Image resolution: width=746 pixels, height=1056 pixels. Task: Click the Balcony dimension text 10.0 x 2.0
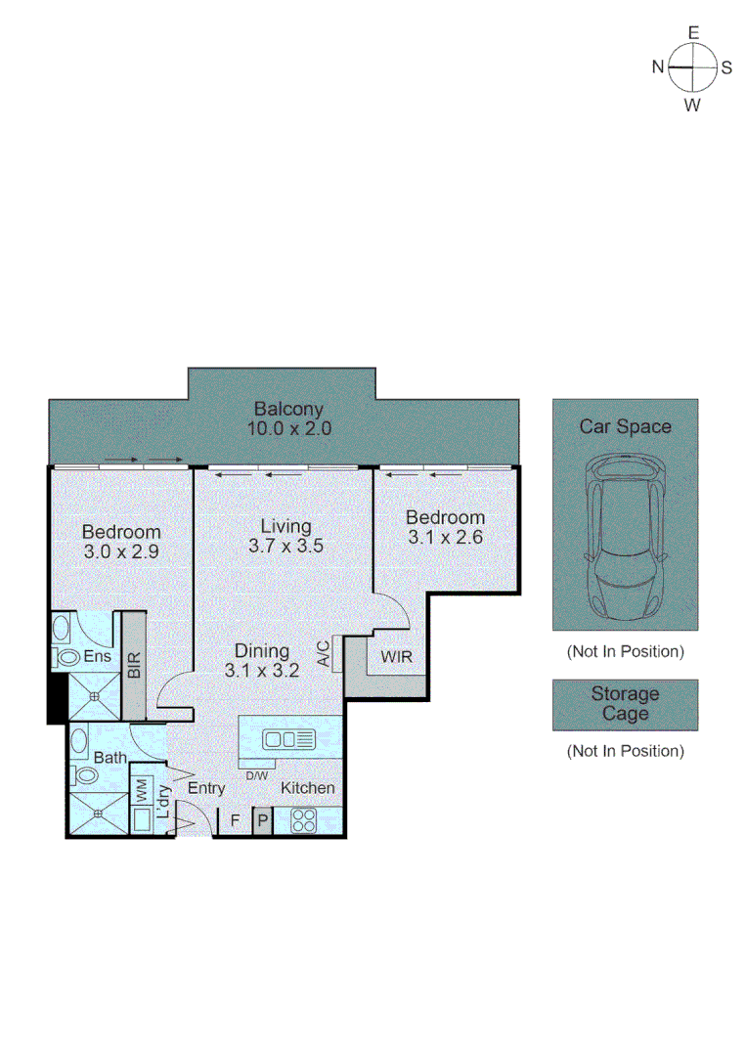(288, 428)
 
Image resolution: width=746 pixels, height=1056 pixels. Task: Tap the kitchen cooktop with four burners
(303, 820)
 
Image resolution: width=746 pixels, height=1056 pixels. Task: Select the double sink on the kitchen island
(288, 738)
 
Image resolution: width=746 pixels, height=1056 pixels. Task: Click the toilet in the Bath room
(85, 776)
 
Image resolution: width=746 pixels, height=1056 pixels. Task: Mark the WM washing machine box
(141, 787)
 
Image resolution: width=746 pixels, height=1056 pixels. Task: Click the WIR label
(396, 657)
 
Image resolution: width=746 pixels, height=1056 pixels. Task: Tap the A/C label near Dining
(323, 653)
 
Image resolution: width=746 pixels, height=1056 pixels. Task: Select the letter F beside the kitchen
(235, 820)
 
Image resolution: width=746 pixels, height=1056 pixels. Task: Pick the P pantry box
(262, 821)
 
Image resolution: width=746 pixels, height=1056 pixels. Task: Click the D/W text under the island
(256, 775)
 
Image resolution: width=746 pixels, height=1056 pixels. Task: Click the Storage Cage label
(625, 704)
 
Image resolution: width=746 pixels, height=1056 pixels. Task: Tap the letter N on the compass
(659, 67)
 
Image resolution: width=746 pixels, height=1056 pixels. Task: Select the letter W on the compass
(692, 106)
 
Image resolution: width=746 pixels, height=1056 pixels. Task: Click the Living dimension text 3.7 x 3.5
(285, 547)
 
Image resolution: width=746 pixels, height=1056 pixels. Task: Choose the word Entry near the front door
(206, 788)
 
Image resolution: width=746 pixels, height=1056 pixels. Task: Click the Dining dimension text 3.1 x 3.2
(261, 671)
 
